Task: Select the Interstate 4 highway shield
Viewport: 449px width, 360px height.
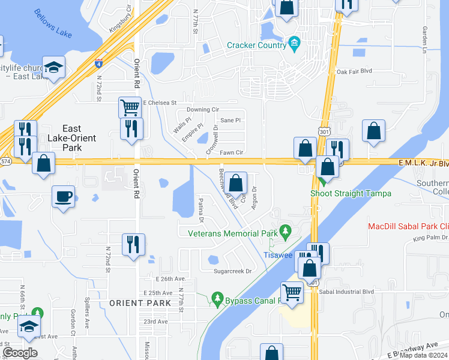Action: [97, 62]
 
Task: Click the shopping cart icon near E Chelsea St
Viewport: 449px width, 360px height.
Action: [130, 108]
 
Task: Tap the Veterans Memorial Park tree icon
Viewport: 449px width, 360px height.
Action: [286, 230]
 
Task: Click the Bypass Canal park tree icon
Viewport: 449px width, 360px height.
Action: [217, 298]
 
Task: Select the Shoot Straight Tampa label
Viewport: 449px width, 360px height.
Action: [351, 193]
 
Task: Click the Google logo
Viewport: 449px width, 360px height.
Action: [20, 352]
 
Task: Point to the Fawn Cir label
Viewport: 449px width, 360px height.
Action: [231, 153]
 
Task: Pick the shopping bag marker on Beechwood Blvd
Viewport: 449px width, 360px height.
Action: [237, 183]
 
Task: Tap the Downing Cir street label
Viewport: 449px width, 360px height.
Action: [202, 110]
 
